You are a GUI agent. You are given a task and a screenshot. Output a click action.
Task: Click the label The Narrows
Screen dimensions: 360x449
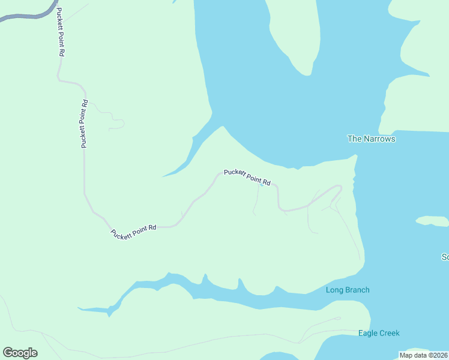[x=372, y=139]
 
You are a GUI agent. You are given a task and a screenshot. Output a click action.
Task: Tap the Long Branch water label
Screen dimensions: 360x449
[x=348, y=290]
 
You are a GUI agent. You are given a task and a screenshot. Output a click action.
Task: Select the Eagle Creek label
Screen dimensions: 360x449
[x=379, y=334]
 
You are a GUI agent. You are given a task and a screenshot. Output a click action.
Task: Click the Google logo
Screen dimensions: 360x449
[x=20, y=353]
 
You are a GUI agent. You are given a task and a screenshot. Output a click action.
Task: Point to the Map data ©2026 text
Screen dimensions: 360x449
[x=423, y=355]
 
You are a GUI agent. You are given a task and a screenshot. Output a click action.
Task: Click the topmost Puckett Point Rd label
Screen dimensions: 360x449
[x=60, y=31]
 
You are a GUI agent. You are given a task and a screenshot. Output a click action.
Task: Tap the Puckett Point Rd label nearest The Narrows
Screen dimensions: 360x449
[x=247, y=177]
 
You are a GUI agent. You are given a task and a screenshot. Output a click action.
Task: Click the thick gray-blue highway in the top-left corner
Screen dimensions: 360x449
[x=24, y=16]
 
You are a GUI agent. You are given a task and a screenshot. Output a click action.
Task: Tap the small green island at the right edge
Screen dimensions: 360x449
[x=432, y=221]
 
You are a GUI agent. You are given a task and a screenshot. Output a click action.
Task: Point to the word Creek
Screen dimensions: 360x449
[x=390, y=334]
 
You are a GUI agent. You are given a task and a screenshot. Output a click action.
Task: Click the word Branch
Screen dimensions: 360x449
[x=357, y=290]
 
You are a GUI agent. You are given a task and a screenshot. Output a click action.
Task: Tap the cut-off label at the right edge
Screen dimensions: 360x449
[x=445, y=257]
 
